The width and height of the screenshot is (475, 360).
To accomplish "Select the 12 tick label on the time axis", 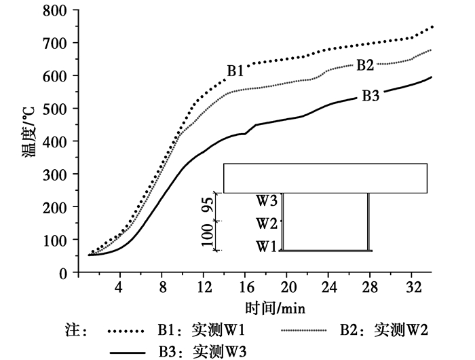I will (x=204, y=286).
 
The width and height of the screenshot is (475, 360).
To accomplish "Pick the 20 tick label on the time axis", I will (x=288, y=286).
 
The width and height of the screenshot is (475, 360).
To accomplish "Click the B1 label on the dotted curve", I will (x=235, y=71).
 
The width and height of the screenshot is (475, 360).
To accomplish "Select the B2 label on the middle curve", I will (x=365, y=65).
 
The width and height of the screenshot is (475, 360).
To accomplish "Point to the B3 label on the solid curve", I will (x=370, y=96).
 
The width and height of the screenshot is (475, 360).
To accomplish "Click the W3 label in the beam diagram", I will (x=267, y=201).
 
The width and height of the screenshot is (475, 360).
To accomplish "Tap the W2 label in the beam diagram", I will (x=267, y=223).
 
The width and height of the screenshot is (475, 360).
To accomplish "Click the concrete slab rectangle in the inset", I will (x=325, y=178).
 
